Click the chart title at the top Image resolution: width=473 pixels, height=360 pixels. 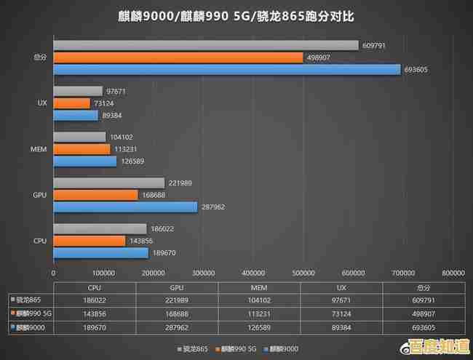(236, 15)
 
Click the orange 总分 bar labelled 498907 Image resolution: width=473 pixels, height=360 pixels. (178, 57)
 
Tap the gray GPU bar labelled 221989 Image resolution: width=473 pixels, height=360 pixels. (109, 183)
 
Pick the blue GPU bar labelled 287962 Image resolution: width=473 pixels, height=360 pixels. (125, 207)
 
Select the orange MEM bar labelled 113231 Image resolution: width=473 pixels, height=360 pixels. (82, 149)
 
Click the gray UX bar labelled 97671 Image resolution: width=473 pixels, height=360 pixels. (78, 91)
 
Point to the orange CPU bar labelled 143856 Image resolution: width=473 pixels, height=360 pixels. (90, 241)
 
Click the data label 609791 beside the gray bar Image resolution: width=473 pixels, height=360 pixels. (374, 45)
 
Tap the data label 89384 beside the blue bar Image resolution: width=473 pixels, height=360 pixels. (114, 116)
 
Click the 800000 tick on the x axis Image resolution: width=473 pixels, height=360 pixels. (453, 273)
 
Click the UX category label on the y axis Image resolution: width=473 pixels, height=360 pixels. (42, 103)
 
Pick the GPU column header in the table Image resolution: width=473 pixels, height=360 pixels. (173, 287)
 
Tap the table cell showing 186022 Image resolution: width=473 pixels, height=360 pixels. (94, 300)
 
